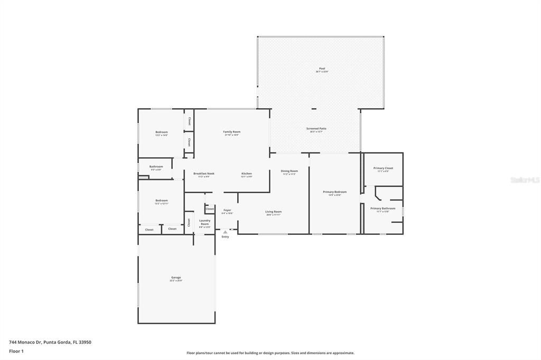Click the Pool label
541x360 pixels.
[321, 69]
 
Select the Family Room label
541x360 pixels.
[231, 131]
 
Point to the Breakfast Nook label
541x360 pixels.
[203, 174]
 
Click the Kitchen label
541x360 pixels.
[247, 174]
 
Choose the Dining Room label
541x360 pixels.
[289, 171]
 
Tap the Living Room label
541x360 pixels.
[273, 212]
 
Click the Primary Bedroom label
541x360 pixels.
[334, 192]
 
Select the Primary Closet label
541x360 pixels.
[383, 168]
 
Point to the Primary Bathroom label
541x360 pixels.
[383, 209]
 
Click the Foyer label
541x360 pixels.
[227, 210]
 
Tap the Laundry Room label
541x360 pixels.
[204, 222]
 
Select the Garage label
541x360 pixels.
[176, 278]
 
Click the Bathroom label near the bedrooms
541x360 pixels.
[156, 167]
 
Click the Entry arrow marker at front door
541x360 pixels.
[225, 232]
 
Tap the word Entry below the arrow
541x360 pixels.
[225, 237]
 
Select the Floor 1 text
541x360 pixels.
[16, 351]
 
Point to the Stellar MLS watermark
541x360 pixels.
[525, 180]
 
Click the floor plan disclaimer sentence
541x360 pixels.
[270, 353]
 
